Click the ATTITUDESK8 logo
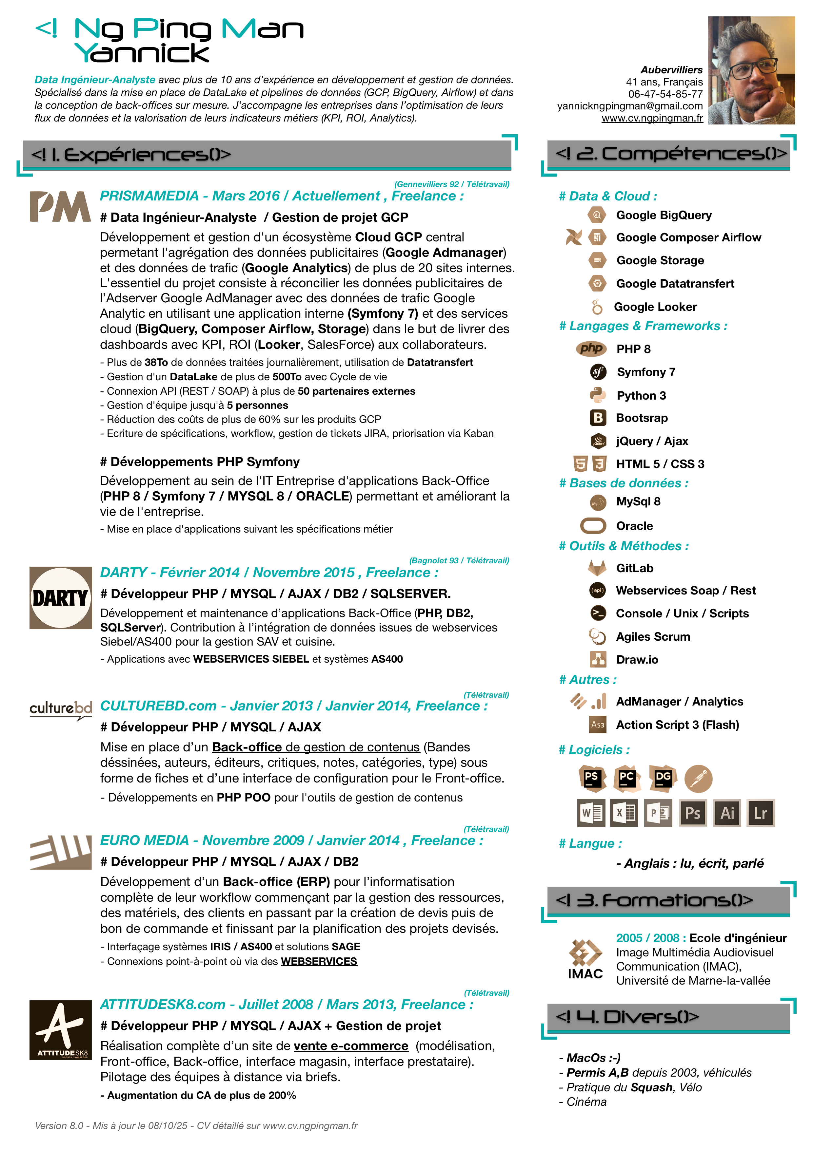(61, 1029)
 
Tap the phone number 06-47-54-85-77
(665, 94)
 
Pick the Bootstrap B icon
(598, 418)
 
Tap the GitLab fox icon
(597, 568)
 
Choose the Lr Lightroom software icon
(761, 813)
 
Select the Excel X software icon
(624, 813)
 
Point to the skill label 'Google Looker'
(655, 307)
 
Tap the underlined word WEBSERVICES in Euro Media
(319, 961)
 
